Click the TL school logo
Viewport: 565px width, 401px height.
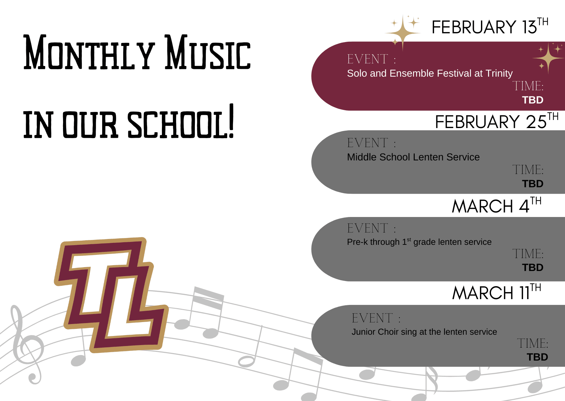111,295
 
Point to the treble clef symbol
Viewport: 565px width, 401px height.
27,345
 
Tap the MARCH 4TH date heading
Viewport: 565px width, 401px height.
496,205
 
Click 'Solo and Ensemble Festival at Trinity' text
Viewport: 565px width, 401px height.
430,73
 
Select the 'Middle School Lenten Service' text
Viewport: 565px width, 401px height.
413,157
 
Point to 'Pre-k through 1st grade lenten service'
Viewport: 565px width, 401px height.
419,242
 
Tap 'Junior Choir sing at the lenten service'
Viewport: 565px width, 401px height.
424,332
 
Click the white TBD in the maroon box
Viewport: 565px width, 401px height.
533,100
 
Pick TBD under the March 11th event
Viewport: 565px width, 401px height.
537,357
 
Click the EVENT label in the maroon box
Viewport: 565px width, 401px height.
371,59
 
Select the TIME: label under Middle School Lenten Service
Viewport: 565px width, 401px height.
528,170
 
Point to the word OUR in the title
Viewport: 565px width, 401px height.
90,125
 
